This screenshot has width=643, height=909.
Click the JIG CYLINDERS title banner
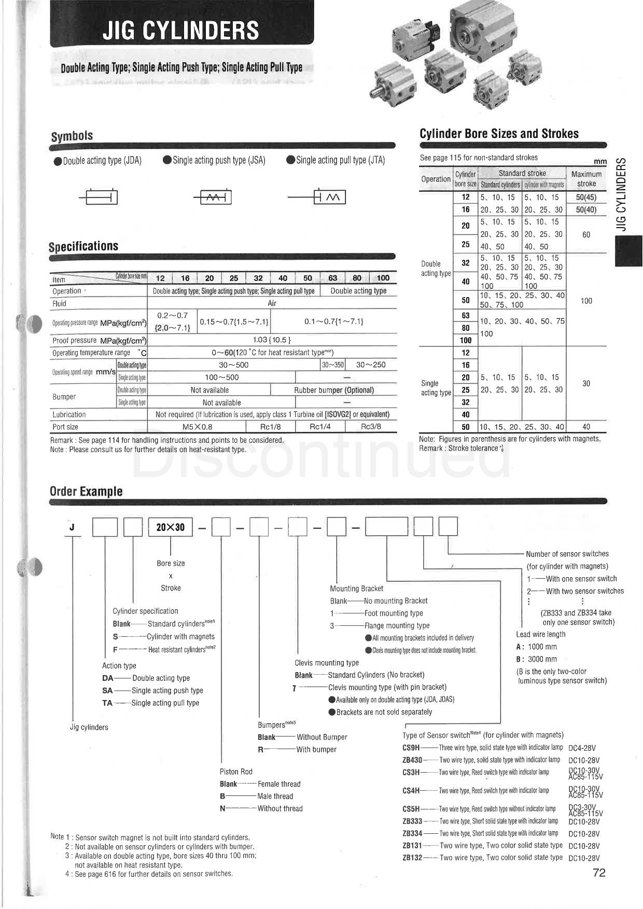point(180,30)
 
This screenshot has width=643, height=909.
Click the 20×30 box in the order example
point(170,527)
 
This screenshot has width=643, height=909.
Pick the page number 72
point(599,873)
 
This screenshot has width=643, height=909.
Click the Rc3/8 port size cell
point(371,427)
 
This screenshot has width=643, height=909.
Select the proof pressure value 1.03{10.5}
point(272,340)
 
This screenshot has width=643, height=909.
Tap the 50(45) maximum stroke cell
point(586,198)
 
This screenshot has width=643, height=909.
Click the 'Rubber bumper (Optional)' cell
point(334,390)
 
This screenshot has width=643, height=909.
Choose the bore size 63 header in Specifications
point(332,278)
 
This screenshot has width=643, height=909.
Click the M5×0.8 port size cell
point(198,427)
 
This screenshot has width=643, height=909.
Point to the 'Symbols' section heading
point(72,136)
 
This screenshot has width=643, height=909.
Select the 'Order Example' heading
point(86,491)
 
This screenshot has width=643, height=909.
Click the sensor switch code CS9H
point(411,748)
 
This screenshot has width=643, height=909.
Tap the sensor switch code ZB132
point(412,858)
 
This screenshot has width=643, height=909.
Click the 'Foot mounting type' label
point(394,613)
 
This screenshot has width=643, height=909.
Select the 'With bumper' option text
point(316,749)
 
